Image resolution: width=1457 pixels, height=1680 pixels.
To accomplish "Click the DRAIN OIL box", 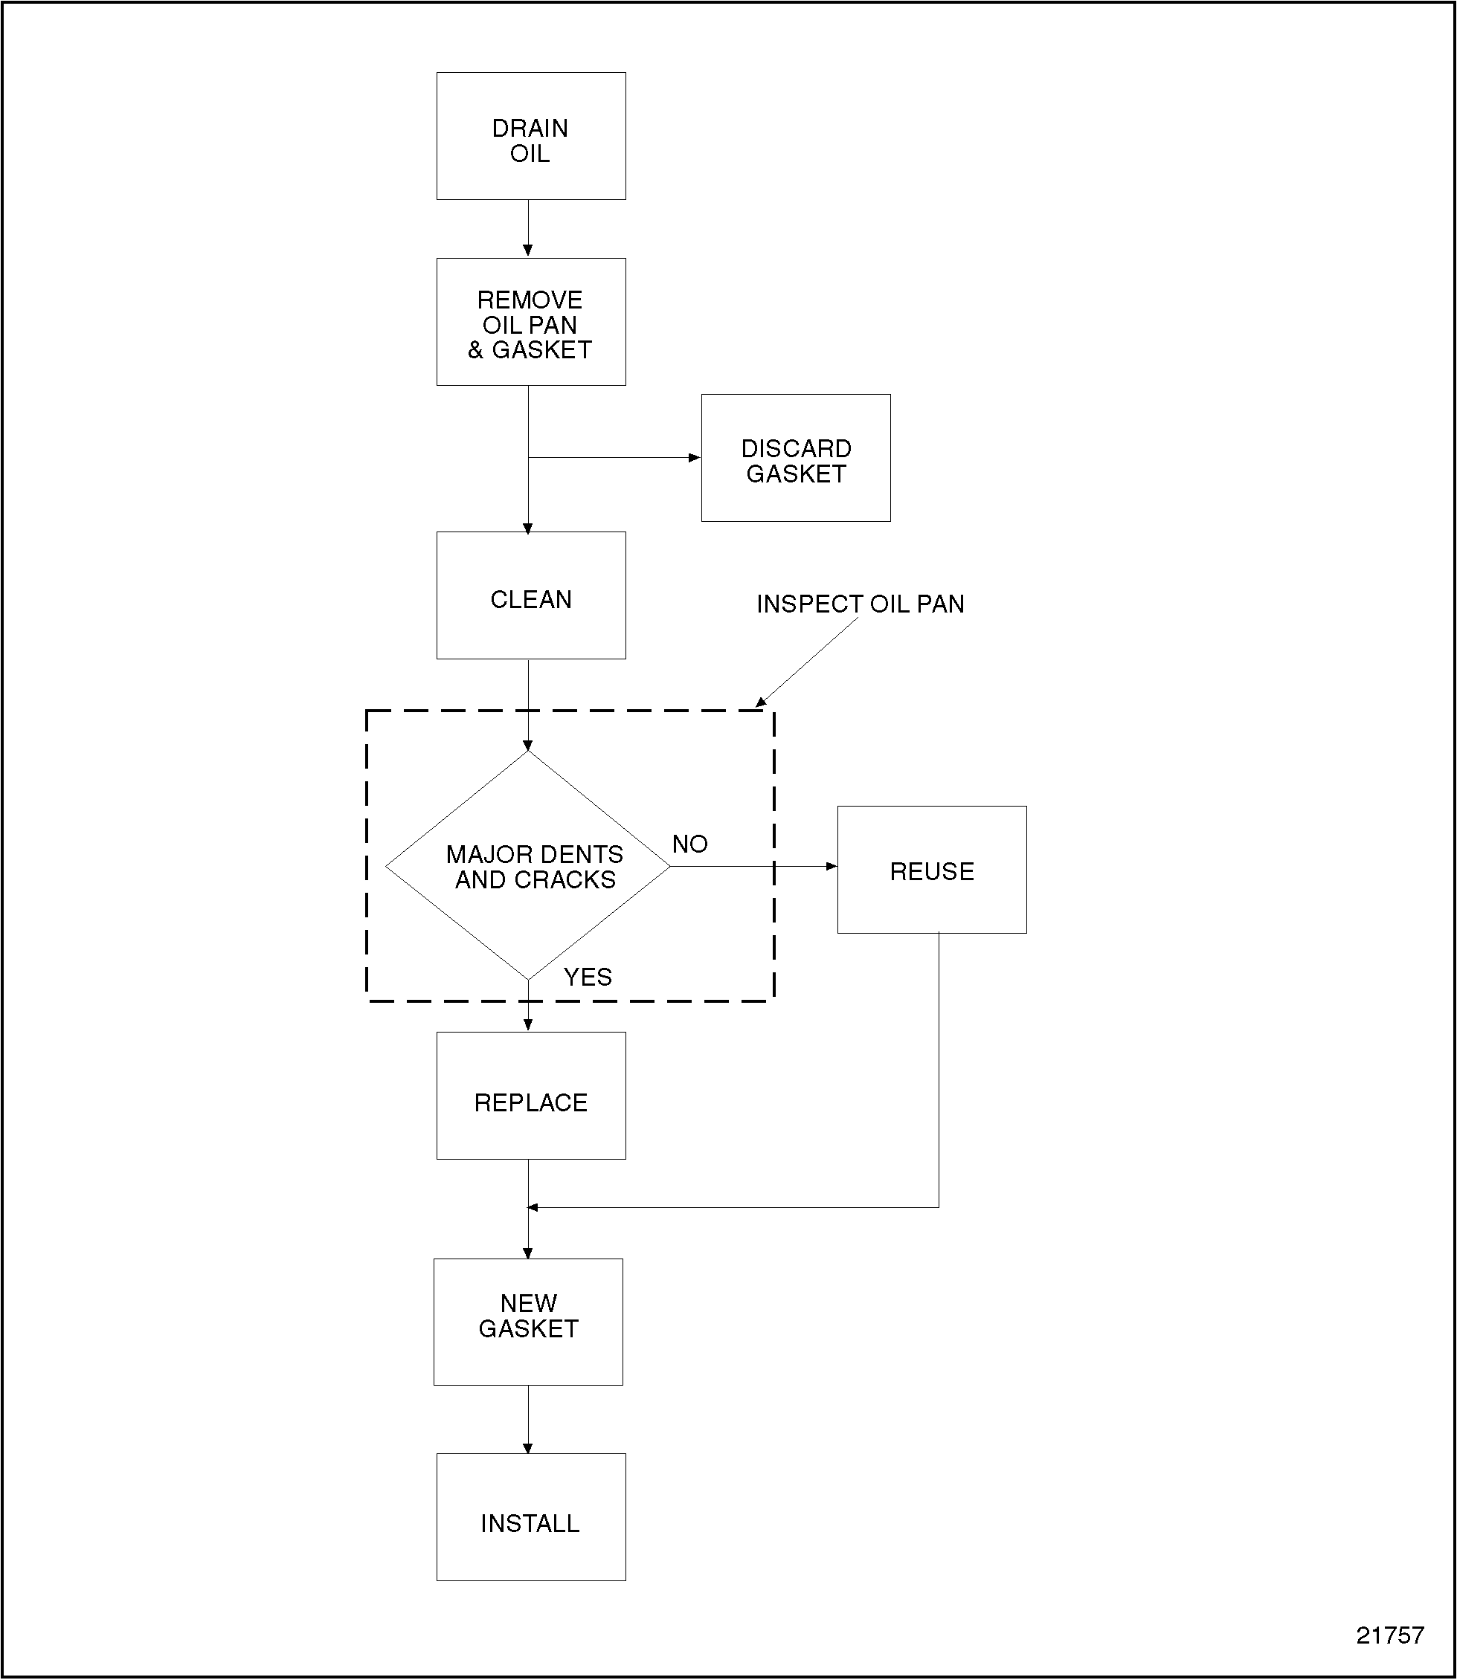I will (531, 136).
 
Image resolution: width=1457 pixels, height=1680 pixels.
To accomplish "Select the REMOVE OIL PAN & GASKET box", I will (531, 322).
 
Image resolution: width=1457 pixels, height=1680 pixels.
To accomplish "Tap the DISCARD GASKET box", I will (795, 458).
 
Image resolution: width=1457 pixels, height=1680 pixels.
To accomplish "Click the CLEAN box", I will (531, 595).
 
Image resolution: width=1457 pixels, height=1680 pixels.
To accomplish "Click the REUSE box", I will (932, 870).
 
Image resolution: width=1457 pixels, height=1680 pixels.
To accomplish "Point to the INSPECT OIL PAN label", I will (861, 604).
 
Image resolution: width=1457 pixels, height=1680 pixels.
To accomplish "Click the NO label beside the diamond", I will (689, 844).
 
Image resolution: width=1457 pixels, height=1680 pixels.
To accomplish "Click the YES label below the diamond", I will (587, 977).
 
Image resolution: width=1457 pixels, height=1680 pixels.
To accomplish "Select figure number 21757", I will (1389, 1635).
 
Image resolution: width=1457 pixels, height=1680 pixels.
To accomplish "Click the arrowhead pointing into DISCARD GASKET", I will (695, 458).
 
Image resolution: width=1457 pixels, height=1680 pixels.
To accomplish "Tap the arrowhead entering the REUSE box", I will (831, 867).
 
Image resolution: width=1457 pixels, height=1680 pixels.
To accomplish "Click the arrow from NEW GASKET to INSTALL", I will (529, 1419).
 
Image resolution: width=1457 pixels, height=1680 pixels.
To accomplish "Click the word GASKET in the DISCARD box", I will (796, 474).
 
